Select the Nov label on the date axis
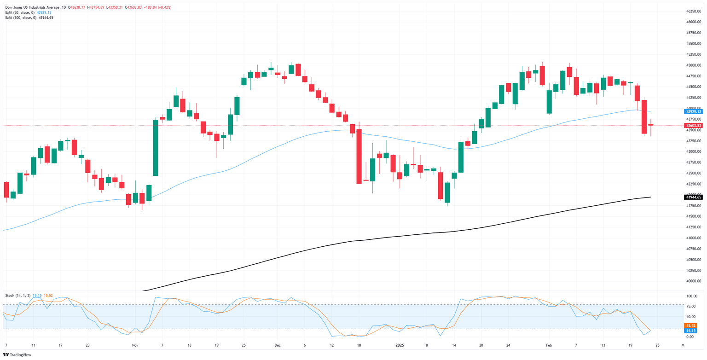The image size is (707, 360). (135, 344)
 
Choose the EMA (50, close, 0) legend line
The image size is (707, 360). (28, 12)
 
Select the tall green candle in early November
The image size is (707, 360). (156, 147)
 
